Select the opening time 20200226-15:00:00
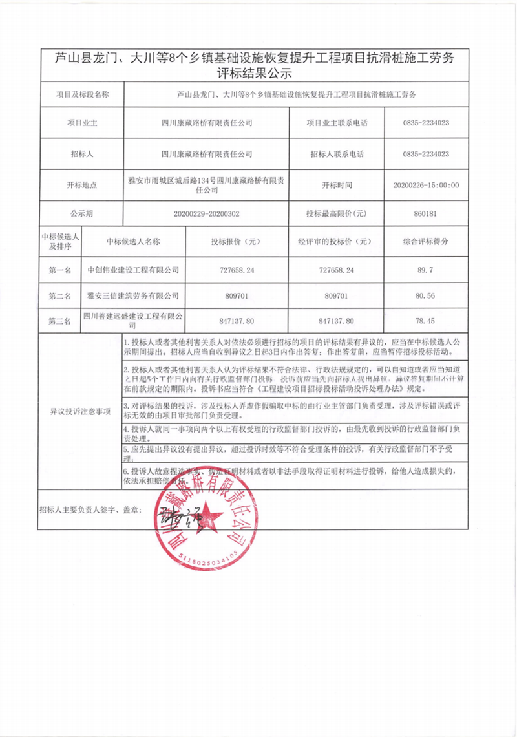tap(426, 184)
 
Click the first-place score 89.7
tap(426, 270)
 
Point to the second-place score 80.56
tap(426, 296)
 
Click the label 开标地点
tap(81, 184)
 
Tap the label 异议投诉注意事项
tap(81, 411)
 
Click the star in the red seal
tap(208, 518)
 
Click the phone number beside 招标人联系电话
tap(426, 154)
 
